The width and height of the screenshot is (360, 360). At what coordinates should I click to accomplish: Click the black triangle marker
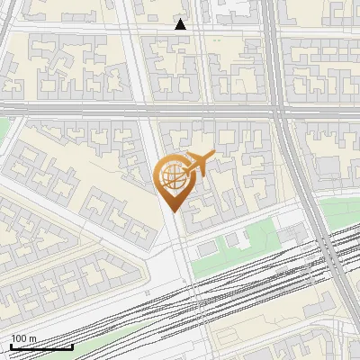[181, 25]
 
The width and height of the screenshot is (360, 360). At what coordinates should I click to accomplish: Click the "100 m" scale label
[23, 338]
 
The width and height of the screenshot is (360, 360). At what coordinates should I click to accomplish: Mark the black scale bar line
[41, 346]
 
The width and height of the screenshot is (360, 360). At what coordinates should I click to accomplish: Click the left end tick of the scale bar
[11, 345]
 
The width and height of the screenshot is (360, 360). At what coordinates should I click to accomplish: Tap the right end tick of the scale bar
[73, 345]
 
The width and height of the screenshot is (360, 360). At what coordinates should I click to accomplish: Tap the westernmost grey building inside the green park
[207, 247]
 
